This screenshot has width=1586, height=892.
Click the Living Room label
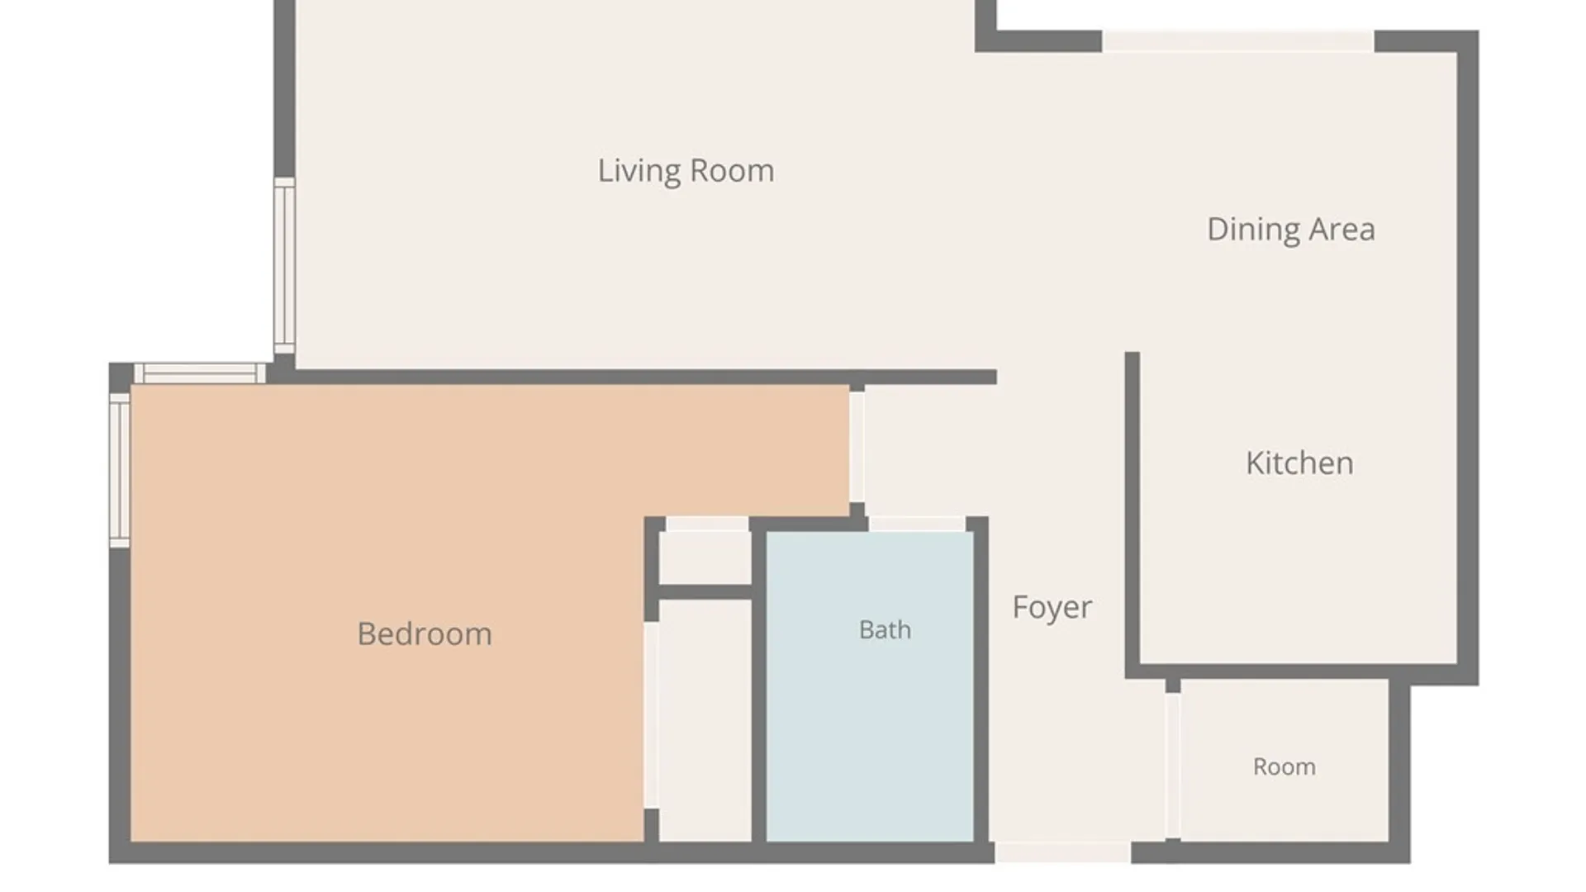coord(686,171)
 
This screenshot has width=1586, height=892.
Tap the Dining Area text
coord(1291,230)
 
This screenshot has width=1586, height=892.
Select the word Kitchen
coord(1299,463)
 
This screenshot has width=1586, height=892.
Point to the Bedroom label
coord(425,634)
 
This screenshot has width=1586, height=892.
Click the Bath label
coord(885,630)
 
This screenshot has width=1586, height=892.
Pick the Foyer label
coord(1052,608)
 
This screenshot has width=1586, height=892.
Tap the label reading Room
coord(1284,767)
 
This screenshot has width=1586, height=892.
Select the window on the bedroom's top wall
coord(200,373)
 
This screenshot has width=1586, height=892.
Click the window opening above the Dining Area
coord(1238,41)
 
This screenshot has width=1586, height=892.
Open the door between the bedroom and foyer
coord(857,447)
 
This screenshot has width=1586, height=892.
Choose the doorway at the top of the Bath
coord(917,524)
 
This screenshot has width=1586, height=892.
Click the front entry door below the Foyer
coord(1062,852)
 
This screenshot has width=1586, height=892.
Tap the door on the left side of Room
coord(1172,766)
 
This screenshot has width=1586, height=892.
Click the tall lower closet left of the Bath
coord(705,720)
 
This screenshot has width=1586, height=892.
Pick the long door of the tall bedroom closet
coord(651,715)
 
